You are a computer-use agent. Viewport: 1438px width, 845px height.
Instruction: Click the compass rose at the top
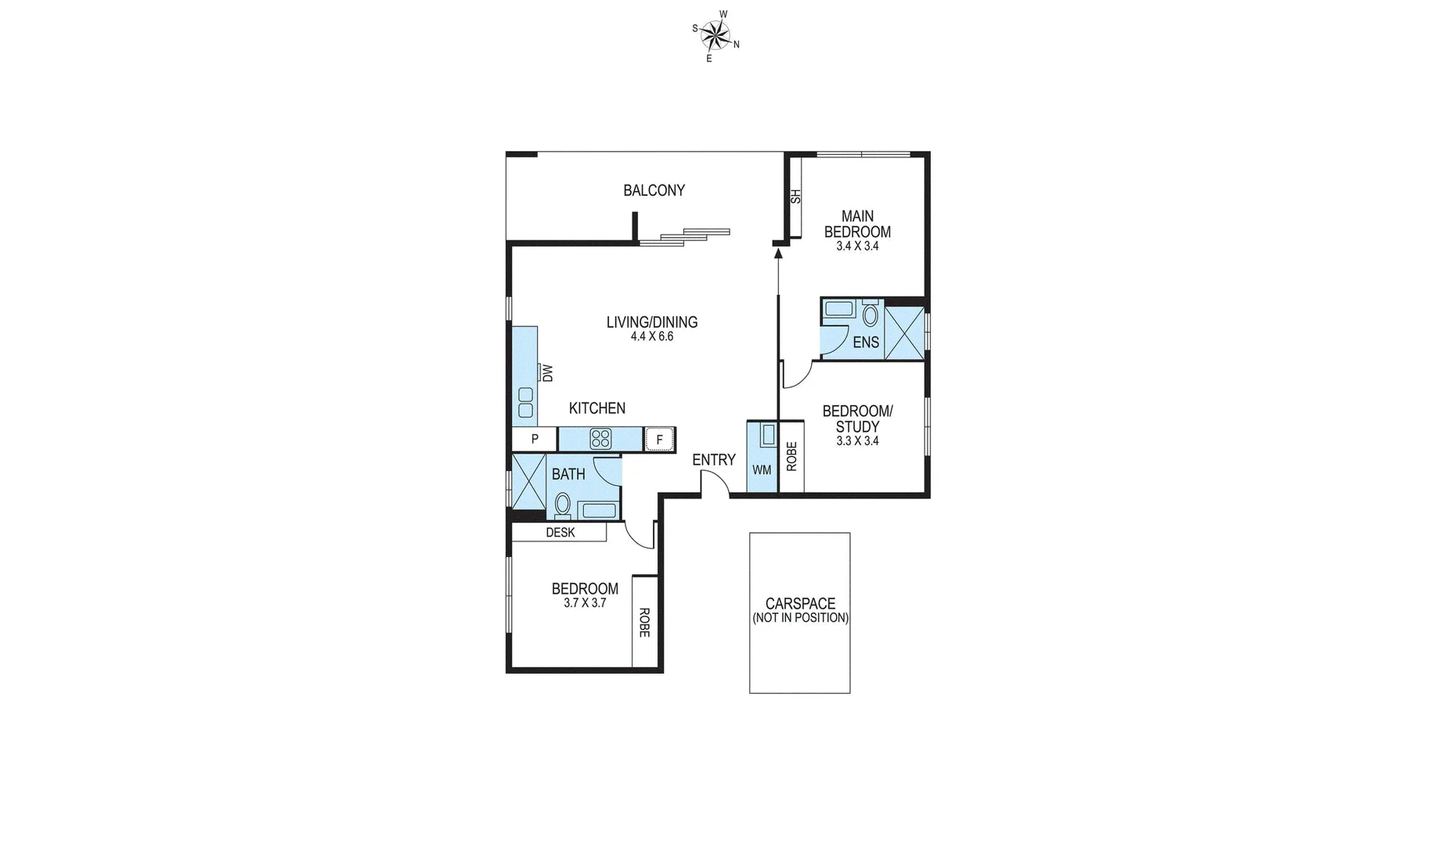(715, 34)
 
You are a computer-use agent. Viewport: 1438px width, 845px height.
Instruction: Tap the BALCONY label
(654, 190)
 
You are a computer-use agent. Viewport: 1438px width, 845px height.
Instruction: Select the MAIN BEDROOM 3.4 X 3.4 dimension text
(857, 246)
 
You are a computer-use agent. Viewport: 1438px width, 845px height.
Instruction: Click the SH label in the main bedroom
(796, 196)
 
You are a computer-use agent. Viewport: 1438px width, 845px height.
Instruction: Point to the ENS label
(865, 343)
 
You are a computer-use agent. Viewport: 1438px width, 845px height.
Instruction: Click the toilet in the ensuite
(870, 315)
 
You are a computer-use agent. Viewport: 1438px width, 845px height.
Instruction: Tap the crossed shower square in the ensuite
(904, 333)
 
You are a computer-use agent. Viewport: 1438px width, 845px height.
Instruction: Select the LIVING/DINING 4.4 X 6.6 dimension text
(652, 337)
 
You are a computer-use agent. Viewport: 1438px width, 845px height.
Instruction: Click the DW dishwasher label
(547, 372)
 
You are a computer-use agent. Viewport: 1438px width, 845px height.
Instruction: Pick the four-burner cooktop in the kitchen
(600, 439)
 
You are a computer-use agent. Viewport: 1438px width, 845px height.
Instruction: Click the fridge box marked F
(659, 440)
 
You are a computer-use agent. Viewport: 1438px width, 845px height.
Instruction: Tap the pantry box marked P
(535, 439)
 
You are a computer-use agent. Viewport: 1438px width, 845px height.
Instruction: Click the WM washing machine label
(762, 469)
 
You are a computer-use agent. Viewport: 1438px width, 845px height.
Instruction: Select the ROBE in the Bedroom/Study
(791, 456)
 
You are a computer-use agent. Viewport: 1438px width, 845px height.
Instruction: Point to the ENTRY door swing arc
(715, 487)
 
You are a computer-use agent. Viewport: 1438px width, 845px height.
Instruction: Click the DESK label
(560, 533)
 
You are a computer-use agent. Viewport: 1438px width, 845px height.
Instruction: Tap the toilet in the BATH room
(562, 505)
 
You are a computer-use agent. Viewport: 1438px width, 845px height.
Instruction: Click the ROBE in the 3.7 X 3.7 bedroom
(644, 622)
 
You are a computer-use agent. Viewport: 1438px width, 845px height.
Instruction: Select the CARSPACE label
(800, 604)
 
